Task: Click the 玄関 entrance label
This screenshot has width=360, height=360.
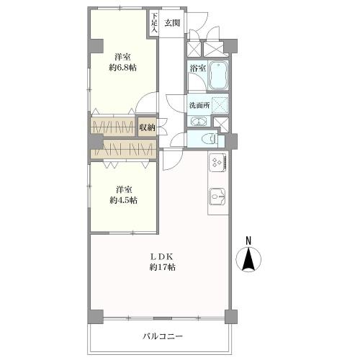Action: [171, 22]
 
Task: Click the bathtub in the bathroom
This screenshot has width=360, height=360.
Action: [217, 76]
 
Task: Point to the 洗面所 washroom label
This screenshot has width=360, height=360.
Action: [199, 105]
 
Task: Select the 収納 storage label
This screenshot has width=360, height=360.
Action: [147, 127]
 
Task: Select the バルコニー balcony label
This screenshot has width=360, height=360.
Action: [162, 336]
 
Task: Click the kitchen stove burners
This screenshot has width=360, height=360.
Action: [218, 164]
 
